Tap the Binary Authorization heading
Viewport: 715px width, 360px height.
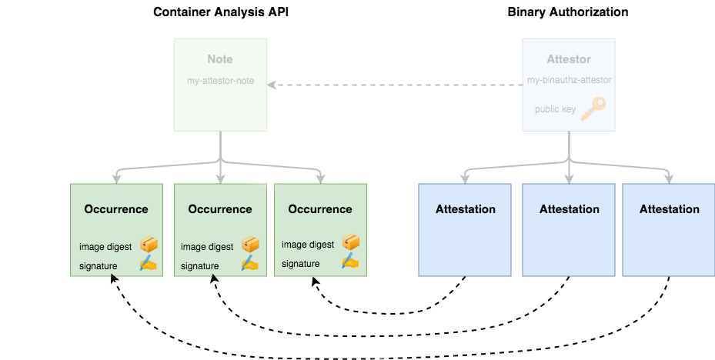coord(568,12)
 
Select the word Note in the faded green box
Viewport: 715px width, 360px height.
coord(220,59)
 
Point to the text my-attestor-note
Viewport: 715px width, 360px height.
coord(220,81)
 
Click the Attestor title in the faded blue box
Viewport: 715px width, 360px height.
coord(569,59)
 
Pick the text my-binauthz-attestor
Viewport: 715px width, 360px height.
coord(569,80)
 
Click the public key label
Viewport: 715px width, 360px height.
coord(555,109)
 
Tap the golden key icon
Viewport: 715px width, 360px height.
coord(593,108)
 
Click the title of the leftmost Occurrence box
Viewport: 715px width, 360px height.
coord(116,209)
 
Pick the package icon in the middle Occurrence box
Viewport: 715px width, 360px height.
coord(250,245)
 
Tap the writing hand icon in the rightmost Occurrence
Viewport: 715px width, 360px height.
coord(350,262)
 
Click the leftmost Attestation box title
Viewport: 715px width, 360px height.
coord(465,209)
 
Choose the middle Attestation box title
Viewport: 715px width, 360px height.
coord(569,209)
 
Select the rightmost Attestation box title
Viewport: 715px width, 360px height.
coord(669,209)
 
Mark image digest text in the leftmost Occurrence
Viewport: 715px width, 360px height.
coord(105,247)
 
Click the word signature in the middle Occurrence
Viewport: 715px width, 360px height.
coord(199,266)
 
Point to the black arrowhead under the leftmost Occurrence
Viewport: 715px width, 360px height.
coord(113,279)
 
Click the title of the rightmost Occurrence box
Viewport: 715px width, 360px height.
coord(320,209)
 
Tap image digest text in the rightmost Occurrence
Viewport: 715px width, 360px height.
coord(308,245)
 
